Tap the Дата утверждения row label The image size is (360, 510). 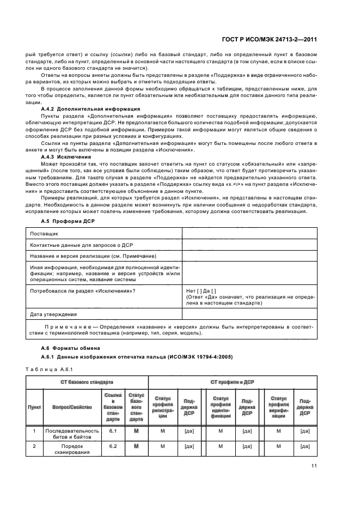click(x=53, y=314)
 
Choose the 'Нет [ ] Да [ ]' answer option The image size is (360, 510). click(x=201, y=290)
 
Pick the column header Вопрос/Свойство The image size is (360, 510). click(x=72, y=406)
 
